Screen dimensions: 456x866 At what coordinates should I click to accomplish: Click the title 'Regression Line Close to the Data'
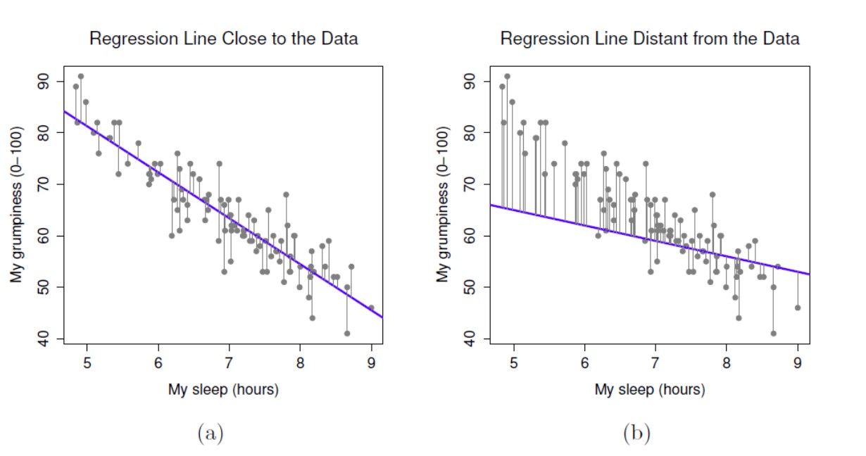(x=223, y=39)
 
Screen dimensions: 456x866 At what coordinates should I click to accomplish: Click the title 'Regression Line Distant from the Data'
(x=649, y=39)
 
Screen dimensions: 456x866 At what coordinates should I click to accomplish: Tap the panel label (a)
(x=210, y=433)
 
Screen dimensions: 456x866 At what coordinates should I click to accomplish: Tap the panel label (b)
(x=636, y=433)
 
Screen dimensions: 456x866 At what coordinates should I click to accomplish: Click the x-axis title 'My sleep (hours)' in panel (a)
(x=223, y=389)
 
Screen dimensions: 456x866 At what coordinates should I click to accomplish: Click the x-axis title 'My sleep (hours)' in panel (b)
(x=649, y=389)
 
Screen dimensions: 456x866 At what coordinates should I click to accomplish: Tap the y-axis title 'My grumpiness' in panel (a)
(x=16, y=204)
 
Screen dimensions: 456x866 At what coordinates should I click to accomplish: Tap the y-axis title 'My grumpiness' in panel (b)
(x=442, y=204)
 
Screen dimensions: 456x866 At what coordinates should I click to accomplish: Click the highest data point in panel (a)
(x=81, y=76)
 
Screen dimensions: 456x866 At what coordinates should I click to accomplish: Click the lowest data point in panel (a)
(x=347, y=334)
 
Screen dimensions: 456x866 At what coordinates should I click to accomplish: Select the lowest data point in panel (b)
(x=773, y=334)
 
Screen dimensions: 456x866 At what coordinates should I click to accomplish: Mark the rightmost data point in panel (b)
(x=798, y=308)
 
